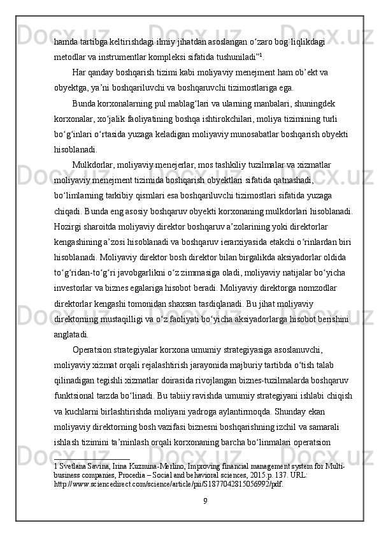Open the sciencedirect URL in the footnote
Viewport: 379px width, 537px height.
click(x=169, y=484)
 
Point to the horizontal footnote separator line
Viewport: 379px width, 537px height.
click(x=92, y=459)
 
